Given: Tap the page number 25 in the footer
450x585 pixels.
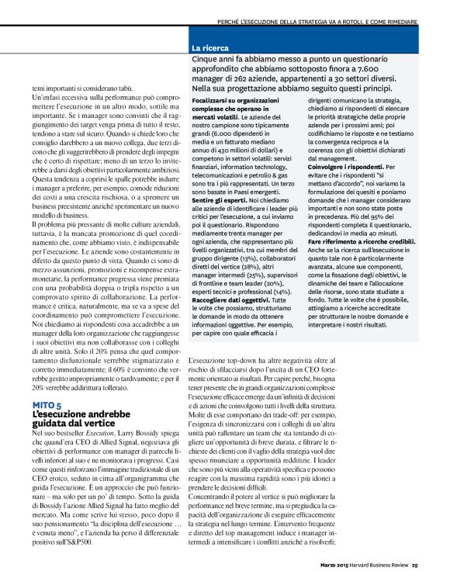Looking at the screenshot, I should click(x=415, y=576).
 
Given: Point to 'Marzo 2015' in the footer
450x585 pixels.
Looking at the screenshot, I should click(x=327, y=576).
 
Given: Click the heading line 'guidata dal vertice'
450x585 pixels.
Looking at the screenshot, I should click(x=74, y=424).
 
